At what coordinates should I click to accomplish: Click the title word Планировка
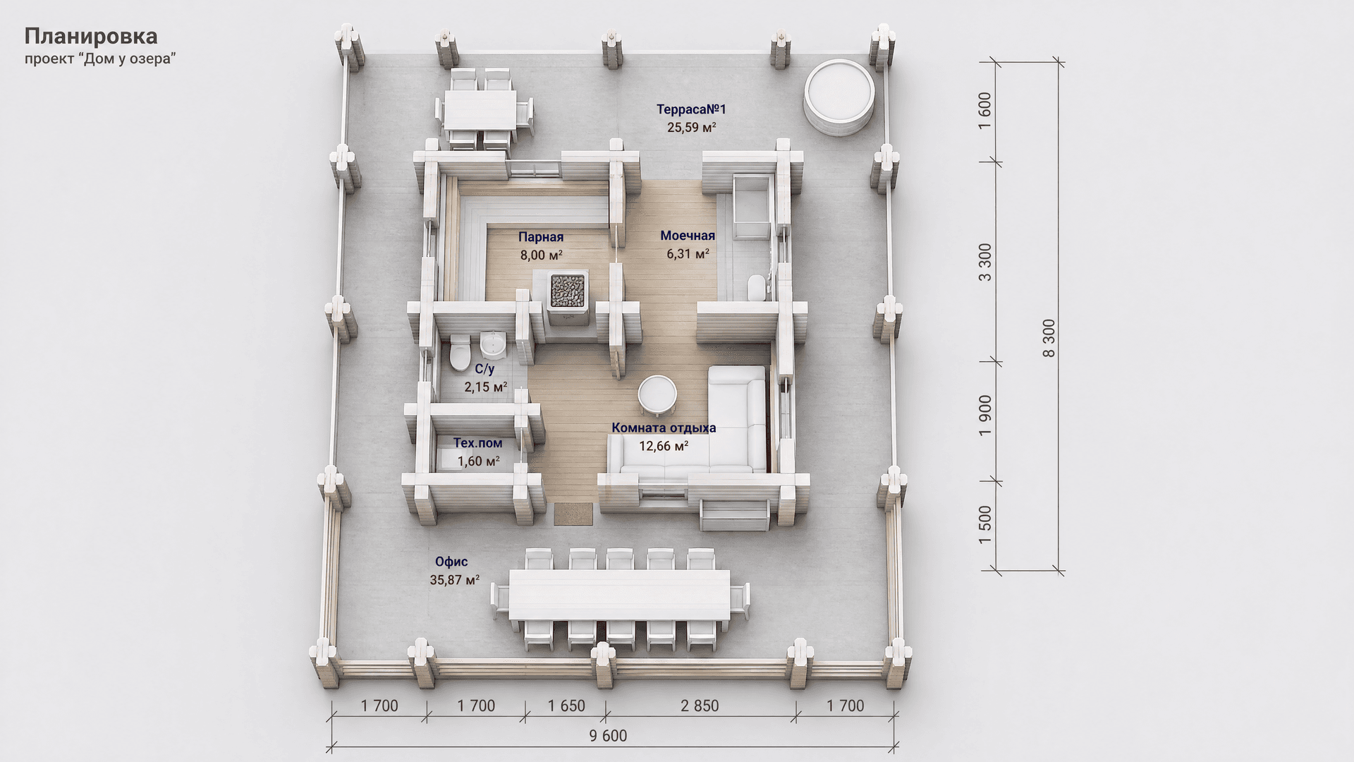[91, 36]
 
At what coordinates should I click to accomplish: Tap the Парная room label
[541, 237]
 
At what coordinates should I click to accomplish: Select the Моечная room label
[688, 236]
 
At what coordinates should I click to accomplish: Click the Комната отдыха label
[664, 428]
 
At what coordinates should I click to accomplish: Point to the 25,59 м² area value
[692, 128]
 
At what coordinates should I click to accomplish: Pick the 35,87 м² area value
[455, 580]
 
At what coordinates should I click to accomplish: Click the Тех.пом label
[478, 443]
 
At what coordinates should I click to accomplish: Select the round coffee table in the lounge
[657, 395]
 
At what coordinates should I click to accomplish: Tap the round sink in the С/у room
[492, 344]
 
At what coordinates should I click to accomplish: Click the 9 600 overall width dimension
[607, 736]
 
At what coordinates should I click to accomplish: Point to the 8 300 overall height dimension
[1049, 338]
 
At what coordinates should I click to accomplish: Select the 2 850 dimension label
[700, 706]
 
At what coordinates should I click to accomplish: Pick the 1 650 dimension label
[566, 706]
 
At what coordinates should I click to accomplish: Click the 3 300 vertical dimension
[985, 262]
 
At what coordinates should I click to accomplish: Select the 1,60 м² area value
[479, 461]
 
